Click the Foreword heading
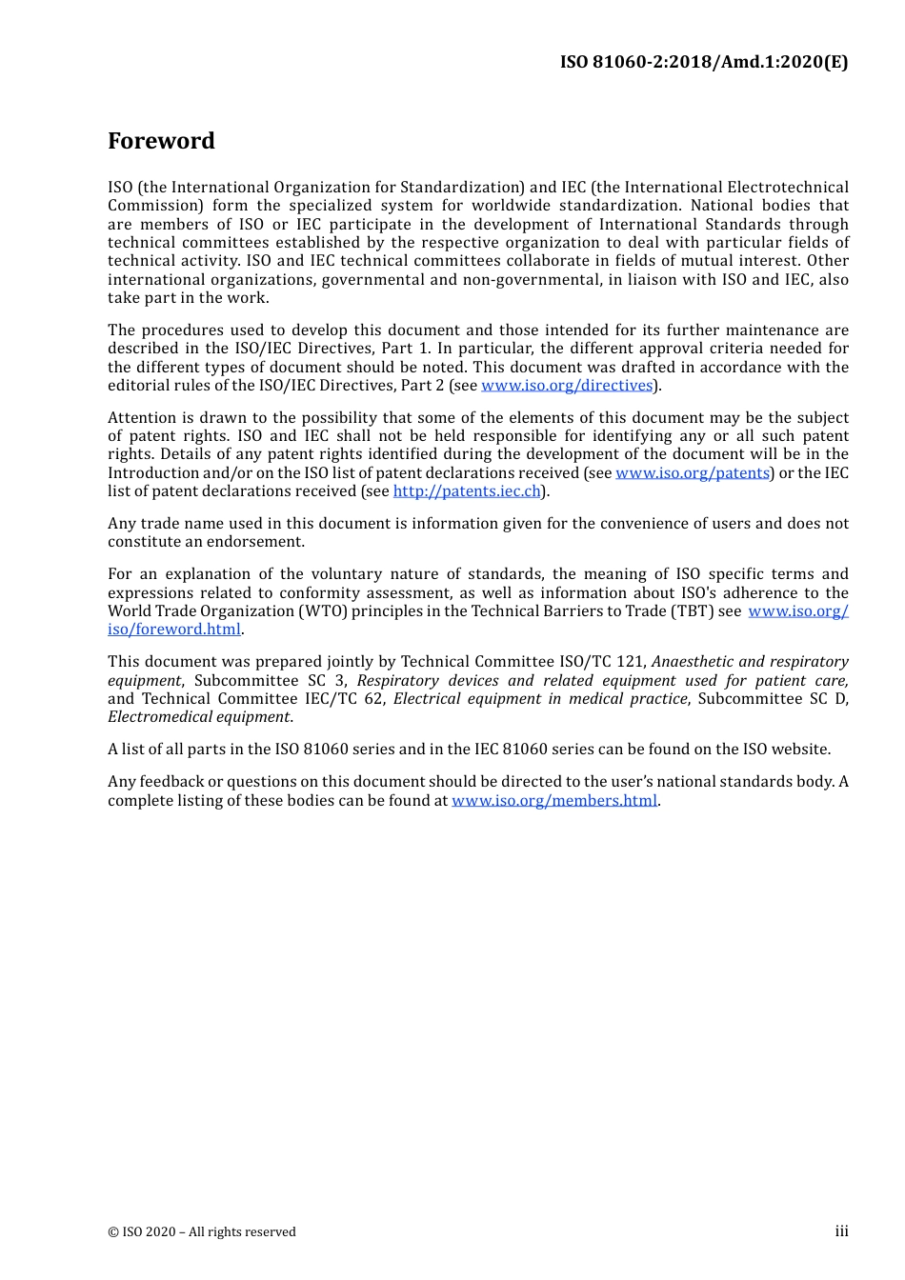tap(161, 141)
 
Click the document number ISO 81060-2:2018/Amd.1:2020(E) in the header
tap(703, 62)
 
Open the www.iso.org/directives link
tap(567, 386)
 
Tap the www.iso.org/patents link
tap(692, 473)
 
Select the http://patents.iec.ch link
tap(467, 491)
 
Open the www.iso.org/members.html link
tap(554, 801)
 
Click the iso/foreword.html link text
tap(174, 630)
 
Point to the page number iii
tap(841, 1231)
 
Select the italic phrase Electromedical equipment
tap(199, 717)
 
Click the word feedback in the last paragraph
tap(176, 782)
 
